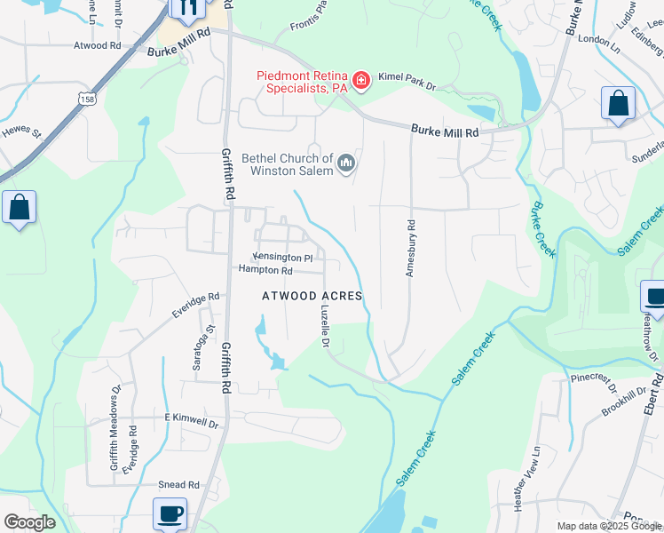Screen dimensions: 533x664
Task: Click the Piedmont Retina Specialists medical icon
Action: tap(360, 82)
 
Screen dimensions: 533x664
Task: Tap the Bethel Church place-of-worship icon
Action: tap(346, 163)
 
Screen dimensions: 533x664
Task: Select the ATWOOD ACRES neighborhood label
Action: tap(312, 296)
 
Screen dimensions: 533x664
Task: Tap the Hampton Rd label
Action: tap(265, 270)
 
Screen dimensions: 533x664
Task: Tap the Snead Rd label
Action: tap(178, 484)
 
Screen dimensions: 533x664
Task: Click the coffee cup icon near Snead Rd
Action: tap(170, 513)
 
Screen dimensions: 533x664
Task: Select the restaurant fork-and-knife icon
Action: tap(187, 9)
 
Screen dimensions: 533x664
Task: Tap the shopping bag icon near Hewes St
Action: tap(20, 209)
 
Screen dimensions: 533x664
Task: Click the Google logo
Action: tap(29, 522)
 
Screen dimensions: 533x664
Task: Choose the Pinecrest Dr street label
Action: tap(594, 382)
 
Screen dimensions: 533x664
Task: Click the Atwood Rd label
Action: tap(98, 45)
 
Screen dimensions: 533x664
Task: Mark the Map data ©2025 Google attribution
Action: tap(608, 526)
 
